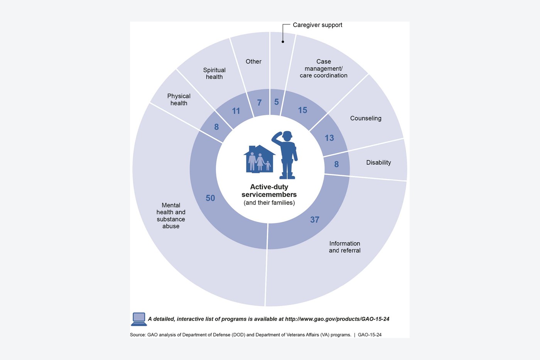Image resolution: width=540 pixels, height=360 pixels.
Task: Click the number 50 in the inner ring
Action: click(x=210, y=198)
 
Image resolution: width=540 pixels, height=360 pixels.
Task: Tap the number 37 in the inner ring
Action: click(x=315, y=220)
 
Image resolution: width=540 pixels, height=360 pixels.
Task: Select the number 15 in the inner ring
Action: click(x=302, y=110)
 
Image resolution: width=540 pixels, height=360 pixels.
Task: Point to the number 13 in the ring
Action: click(x=329, y=138)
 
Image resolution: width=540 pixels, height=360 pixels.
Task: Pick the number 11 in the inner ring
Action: click(x=236, y=111)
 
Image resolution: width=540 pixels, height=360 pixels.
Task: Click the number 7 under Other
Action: click(x=259, y=103)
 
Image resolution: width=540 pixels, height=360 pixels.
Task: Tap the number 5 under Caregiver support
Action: click(x=277, y=102)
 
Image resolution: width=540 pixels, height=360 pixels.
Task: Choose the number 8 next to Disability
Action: click(x=336, y=164)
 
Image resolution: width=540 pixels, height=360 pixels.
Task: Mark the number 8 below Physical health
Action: click(x=216, y=127)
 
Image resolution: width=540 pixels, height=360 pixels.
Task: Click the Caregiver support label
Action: click(x=317, y=25)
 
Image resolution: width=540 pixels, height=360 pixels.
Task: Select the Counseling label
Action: click(x=366, y=118)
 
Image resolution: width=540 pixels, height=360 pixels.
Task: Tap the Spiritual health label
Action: click(x=214, y=74)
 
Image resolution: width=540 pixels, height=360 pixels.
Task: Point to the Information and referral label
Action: click(x=345, y=247)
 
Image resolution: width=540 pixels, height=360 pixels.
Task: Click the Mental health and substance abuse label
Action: click(x=171, y=216)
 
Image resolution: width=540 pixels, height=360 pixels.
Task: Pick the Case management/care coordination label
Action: click(x=324, y=68)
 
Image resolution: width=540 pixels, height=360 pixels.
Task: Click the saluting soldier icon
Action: click(x=285, y=155)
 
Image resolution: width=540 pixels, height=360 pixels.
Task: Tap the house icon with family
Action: click(x=259, y=159)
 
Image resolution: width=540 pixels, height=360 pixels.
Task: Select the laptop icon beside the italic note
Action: click(x=139, y=319)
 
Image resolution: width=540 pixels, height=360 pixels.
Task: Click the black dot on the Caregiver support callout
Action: click(x=283, y=42)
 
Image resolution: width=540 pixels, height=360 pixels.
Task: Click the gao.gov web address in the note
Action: click(x=337, y=319)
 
